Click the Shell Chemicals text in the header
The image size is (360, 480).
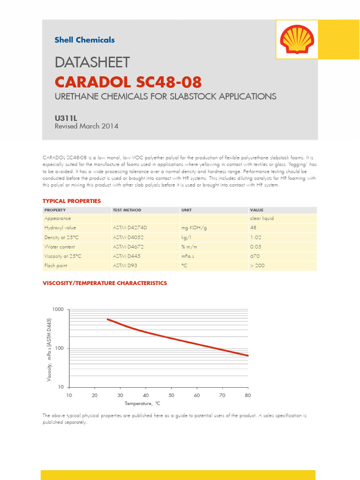point(84,40)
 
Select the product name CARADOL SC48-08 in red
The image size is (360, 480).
point(128,82)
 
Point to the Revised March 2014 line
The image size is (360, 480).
point(86,126)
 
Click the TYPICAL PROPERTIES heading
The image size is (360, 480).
point(72,201)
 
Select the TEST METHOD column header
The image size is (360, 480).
point(127,210)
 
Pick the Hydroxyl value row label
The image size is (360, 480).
point(60,228)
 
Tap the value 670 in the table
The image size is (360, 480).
point(255,256)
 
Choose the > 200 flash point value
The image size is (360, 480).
point(257,265)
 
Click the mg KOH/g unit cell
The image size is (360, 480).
point(194,228)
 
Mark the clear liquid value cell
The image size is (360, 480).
point(262,218)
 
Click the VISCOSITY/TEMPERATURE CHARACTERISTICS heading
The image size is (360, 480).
point(105,283)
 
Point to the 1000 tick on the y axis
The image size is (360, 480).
point(58,310)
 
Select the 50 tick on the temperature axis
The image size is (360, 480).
point(171,395)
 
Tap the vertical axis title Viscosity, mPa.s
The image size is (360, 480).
point(49,349)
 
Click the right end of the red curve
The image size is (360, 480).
point(247,355)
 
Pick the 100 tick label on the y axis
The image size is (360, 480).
point(59,348)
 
